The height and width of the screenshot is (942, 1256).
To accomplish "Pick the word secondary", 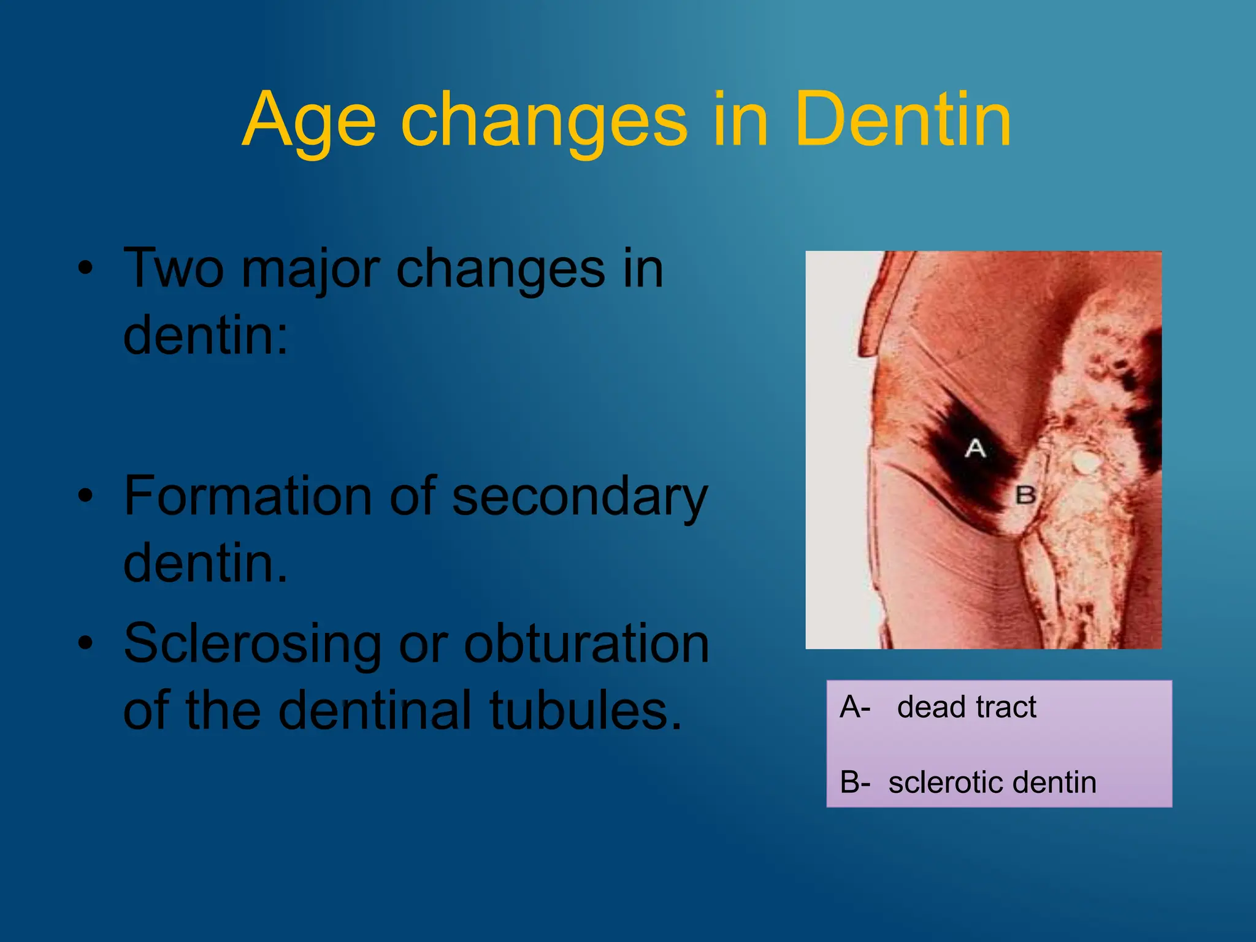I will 580,498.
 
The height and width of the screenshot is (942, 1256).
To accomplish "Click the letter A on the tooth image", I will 975,448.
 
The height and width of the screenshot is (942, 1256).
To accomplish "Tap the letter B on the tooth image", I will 1025,494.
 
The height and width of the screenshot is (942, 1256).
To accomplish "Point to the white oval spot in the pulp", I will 1086,462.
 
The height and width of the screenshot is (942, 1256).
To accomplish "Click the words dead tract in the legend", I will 966,707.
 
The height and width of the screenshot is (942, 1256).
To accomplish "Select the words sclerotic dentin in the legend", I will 992,783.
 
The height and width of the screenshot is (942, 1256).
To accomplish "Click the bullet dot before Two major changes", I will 85,268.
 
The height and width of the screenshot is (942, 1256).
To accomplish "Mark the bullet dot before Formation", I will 85,495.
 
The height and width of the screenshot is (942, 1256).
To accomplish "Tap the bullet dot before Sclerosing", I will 85,643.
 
